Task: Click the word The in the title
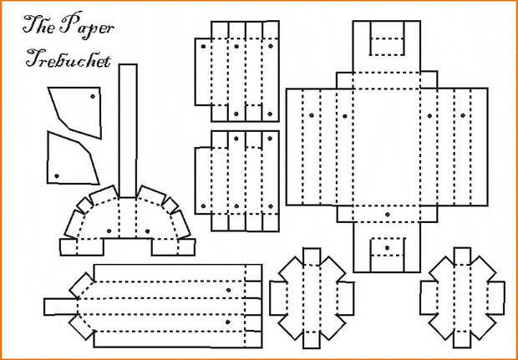39,25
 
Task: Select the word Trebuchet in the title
68,58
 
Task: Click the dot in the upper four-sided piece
93,96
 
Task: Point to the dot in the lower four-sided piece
57,175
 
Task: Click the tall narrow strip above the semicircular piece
128,131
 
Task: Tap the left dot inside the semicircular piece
109,231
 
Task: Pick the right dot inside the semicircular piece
147,231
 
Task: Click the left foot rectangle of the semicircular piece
82,246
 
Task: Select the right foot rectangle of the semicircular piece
174,246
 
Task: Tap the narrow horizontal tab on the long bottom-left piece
61,307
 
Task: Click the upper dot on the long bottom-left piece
228,290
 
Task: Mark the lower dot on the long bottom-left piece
227,322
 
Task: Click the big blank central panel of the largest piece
387,147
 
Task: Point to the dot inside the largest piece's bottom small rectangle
387,247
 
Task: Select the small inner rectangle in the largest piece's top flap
387,38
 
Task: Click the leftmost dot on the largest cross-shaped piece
311,115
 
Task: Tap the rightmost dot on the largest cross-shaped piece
463,115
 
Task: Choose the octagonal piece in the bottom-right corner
462,298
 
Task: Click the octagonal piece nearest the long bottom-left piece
312,298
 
